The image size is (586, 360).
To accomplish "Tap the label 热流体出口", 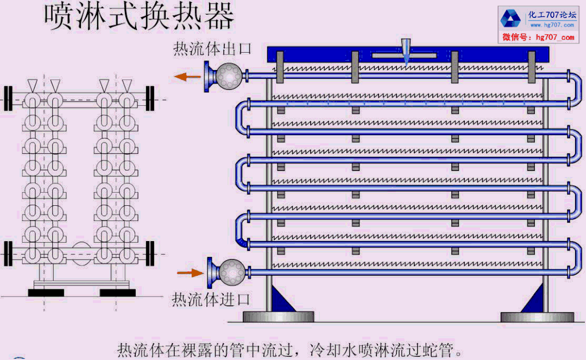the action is [212, 49].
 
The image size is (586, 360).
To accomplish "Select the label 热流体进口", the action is [210, 299].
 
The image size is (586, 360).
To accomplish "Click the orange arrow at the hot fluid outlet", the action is [187, 77].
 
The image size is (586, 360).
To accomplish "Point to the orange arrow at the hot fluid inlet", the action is [190, 273].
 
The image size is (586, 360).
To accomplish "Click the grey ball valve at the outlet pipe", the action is [229, 76].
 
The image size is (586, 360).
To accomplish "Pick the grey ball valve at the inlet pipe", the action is [232, 272].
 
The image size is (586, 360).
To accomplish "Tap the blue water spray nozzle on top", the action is [406, 52].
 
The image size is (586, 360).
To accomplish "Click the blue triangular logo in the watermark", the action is [511, 18].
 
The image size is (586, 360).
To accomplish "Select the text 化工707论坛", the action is [552, 15].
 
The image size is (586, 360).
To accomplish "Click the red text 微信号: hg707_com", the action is [538, 37].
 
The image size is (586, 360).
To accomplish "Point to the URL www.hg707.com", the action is [552, 25].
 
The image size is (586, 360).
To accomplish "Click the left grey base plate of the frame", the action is [279, 317].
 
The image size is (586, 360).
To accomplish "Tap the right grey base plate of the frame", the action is [537, 317].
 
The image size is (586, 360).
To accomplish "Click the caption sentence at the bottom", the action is [290, 350].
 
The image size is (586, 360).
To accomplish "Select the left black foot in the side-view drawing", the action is [46, 292].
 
